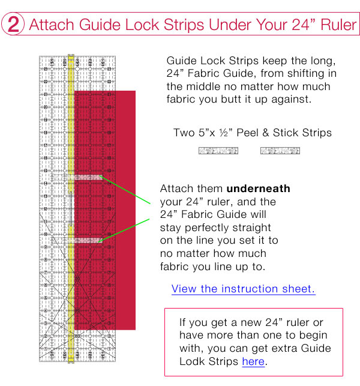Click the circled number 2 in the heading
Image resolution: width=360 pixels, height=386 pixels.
click(13, 25)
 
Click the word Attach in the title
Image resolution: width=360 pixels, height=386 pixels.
click(49, 26)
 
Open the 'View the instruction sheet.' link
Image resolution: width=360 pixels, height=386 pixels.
click(243, 289)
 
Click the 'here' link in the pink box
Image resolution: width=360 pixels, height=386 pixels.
click(253, 361)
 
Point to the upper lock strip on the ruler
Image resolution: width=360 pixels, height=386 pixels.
click(78, 178)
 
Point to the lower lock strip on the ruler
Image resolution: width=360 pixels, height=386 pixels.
click(78, 241)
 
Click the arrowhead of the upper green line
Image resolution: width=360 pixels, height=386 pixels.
click(101, 177)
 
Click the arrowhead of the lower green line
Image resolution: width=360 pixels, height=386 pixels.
click(101, 241)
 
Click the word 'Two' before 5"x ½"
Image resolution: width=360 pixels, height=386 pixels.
click(183, 133)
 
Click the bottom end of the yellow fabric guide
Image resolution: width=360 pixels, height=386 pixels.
click(71, 358)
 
